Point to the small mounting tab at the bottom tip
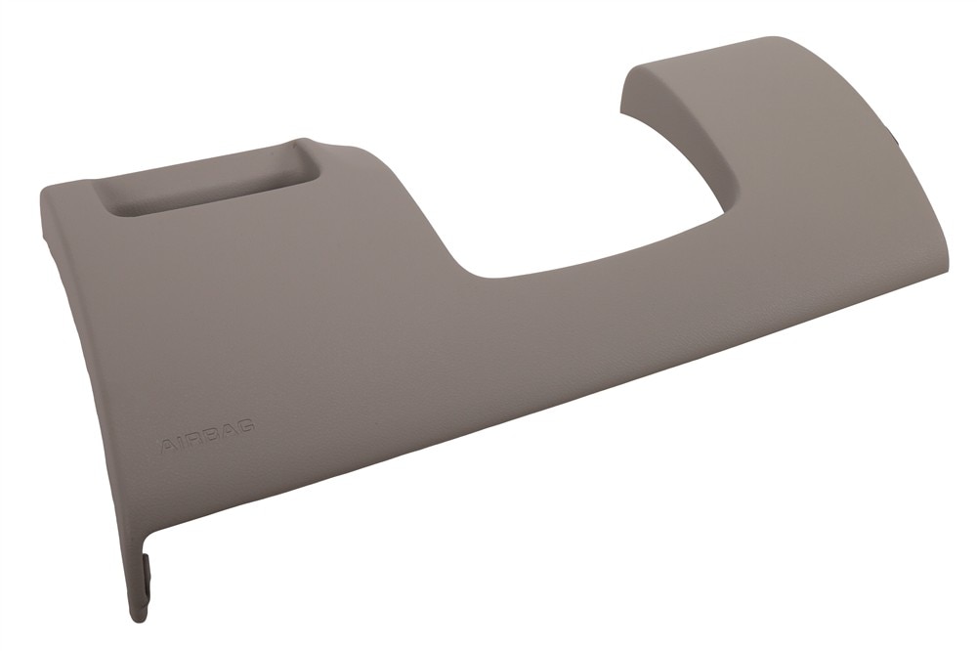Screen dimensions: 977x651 tap(149, 575)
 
